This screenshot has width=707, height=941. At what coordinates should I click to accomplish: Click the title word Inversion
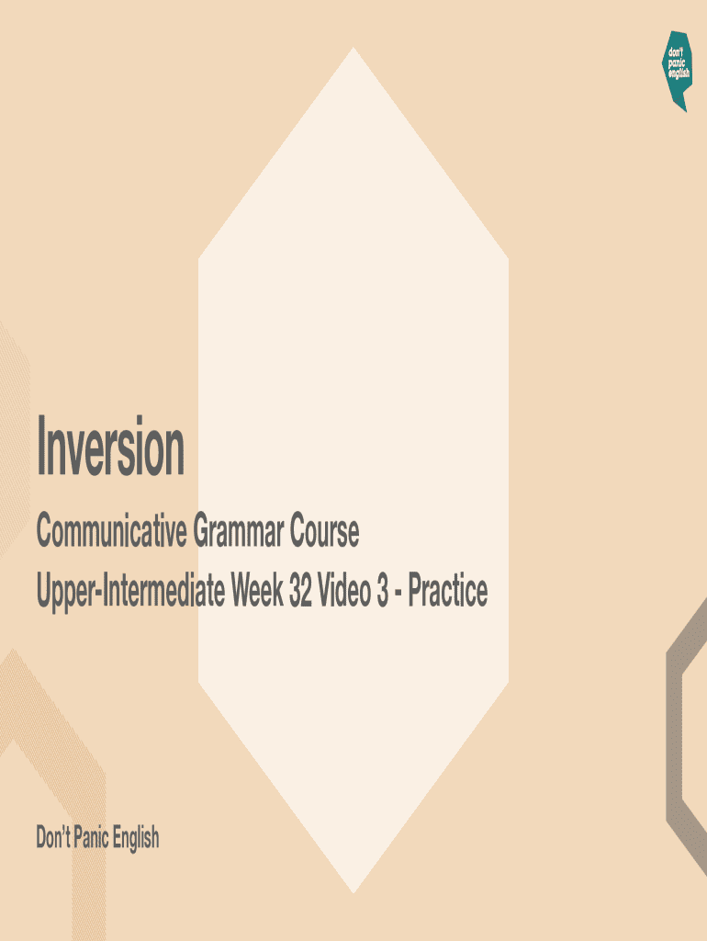(x=110, y=448)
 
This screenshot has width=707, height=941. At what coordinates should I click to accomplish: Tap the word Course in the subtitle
(x=325, y=532)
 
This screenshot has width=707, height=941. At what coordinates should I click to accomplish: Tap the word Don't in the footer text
(x=53, y=838)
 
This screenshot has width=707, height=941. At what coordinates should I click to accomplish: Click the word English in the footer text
(x=136, y=838)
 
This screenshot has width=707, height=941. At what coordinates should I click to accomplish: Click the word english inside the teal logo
(x=679, y=74)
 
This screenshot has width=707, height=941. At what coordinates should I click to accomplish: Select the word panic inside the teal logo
(x=678, y=62)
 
